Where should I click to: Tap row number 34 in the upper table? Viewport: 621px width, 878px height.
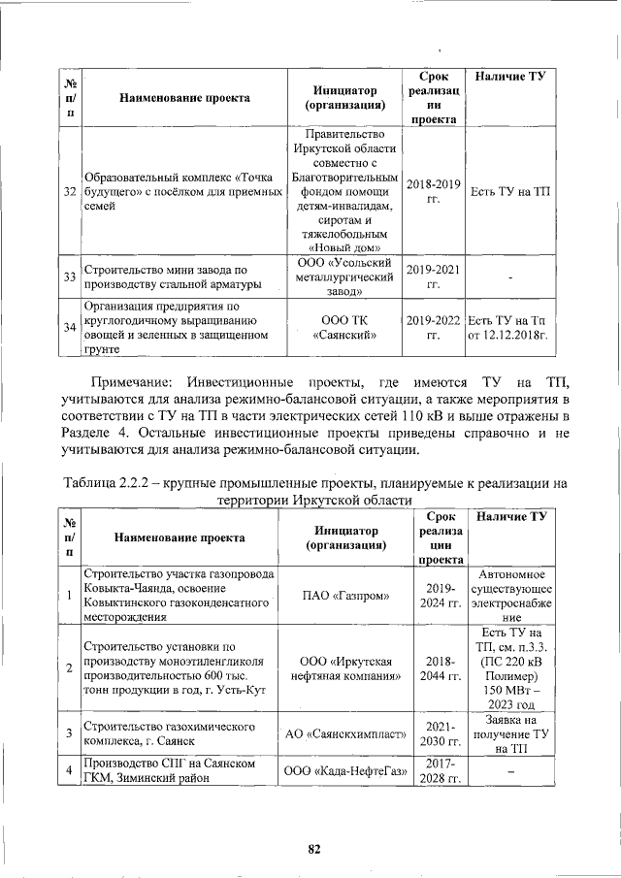69,328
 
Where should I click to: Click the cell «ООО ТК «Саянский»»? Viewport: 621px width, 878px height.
343,328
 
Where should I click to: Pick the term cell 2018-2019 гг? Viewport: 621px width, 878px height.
433,191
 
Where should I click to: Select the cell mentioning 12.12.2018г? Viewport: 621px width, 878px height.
509,328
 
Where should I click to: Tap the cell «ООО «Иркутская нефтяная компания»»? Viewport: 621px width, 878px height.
343,667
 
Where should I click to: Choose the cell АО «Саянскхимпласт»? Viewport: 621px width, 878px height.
343,734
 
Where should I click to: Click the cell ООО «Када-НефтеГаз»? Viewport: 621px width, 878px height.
343,771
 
